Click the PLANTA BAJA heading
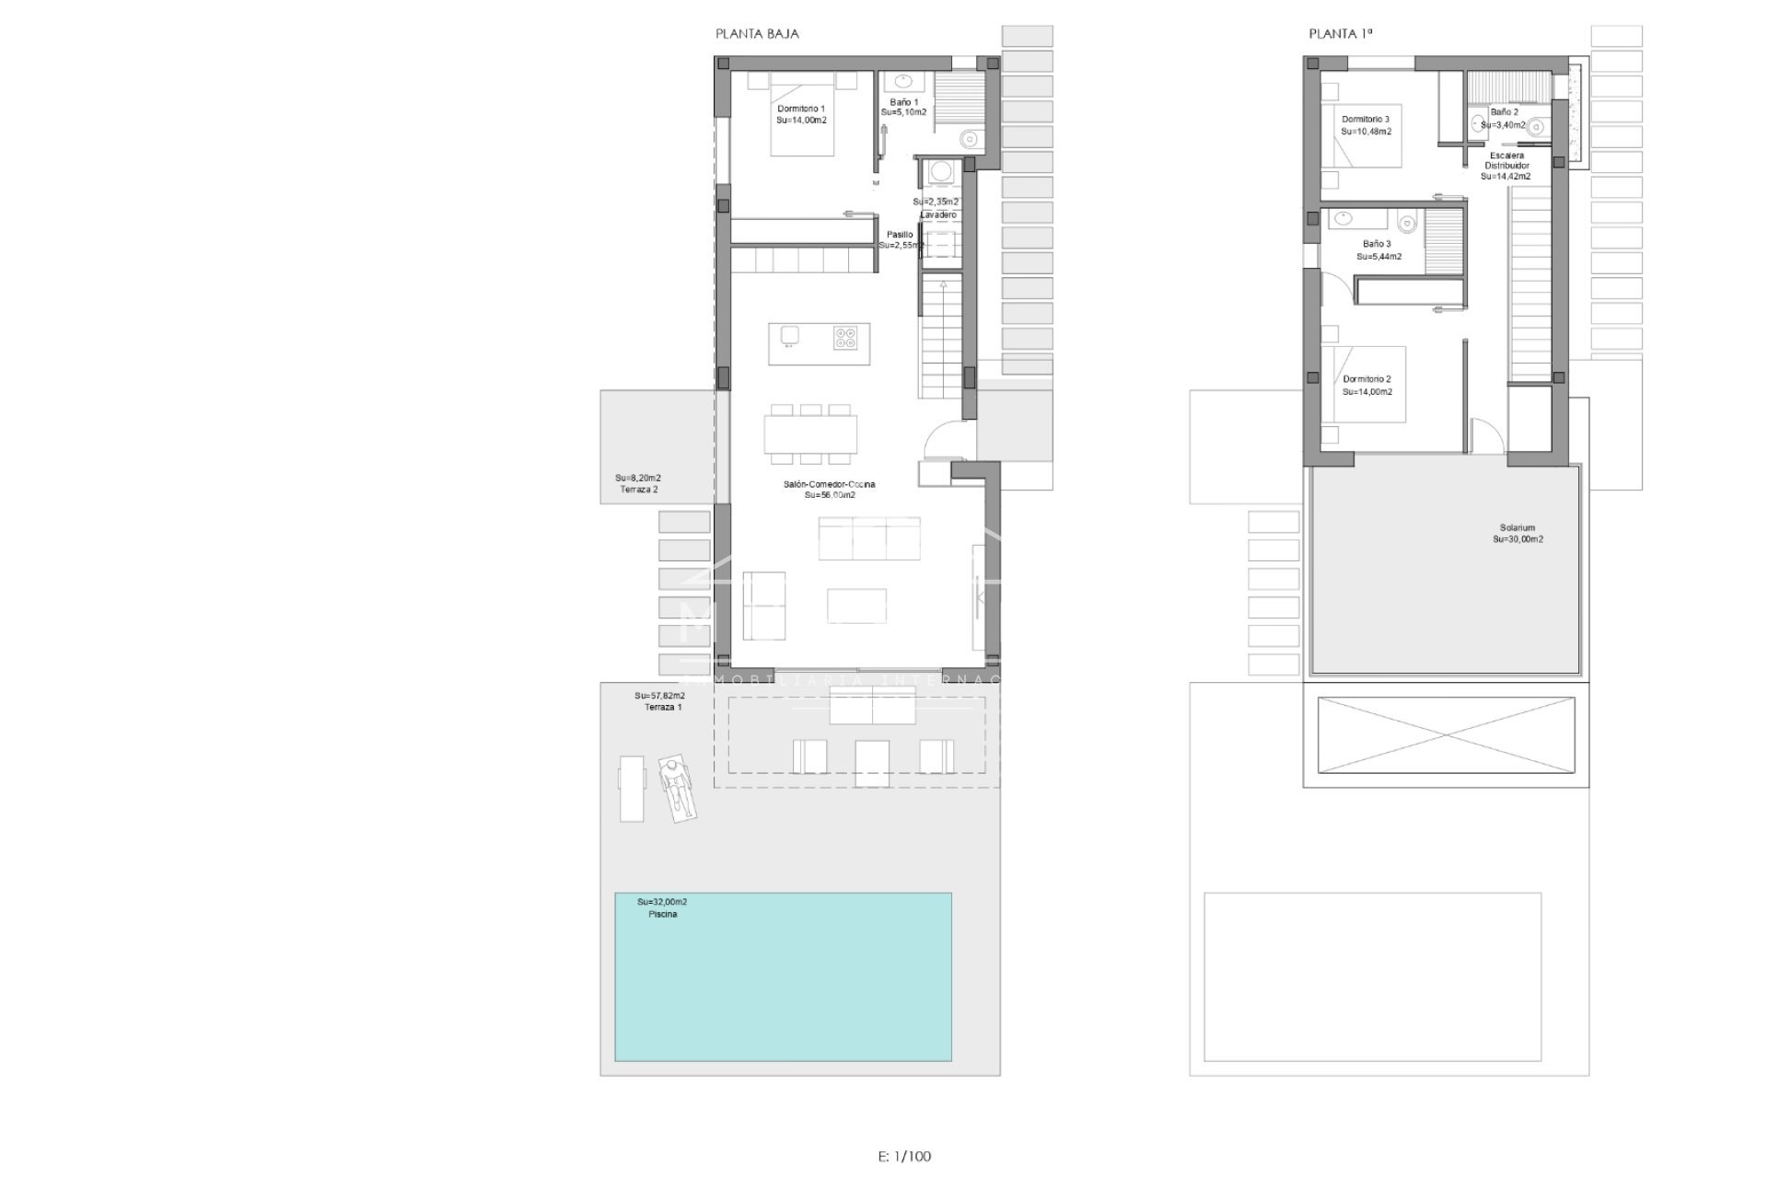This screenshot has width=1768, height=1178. tap(757, 34)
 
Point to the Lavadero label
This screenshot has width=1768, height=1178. tap(938, 214)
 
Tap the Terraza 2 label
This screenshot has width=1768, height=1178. tap(638, 490)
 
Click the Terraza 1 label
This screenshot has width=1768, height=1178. tap(663, 707)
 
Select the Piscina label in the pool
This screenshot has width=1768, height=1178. tap(662, 914)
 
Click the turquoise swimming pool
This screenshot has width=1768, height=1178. tap(783, 994)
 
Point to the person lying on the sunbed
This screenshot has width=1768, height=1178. tap(677, 788)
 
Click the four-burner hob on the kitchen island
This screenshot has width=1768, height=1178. tap(846, 338)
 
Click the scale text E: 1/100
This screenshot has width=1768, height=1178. tap(904, 1156)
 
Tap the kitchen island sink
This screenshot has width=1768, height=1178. tap(790, 336)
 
